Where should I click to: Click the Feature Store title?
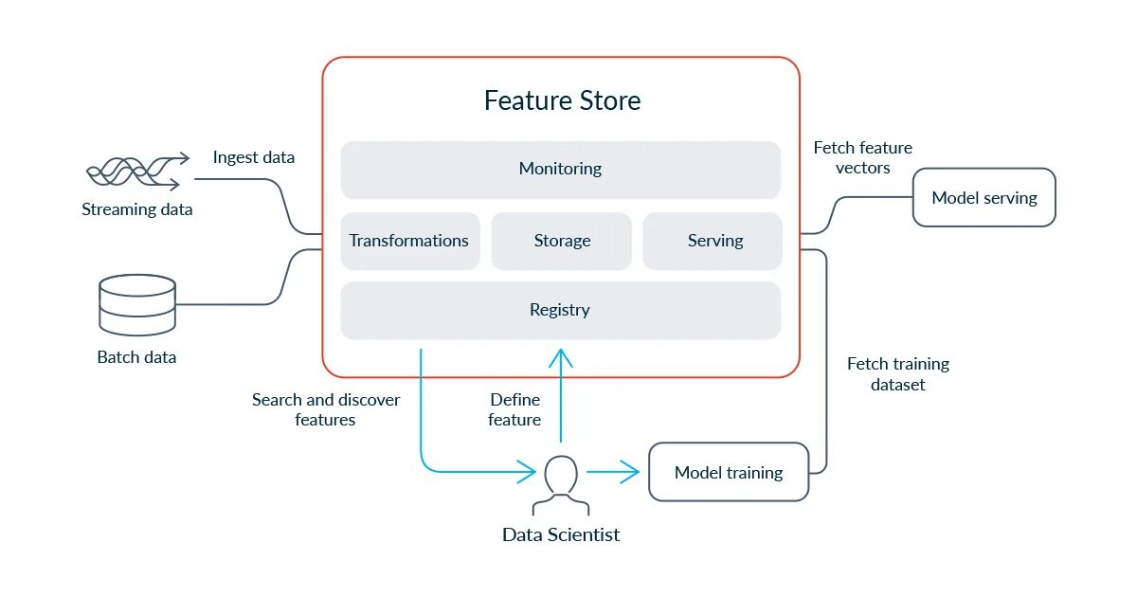(x=562, y=100)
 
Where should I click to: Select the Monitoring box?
(x=560, y=170)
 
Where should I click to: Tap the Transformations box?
(x=410, y=241)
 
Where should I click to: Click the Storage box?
(x=561, y=241)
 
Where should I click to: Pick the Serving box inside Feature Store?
(x=713, y=241)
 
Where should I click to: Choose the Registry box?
(x=560, y=311)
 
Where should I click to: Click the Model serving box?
(x=984, y=197)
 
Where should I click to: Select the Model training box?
(x=729, y=472)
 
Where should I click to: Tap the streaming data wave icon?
(x=138, y=172)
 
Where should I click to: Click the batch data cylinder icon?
(x=137, y=305)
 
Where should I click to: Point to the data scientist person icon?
(x=561, y=485)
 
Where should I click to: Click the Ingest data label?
(x=254, y=157)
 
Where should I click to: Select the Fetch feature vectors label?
(x=863, y=157)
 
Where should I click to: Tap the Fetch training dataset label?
(x=898, y=374)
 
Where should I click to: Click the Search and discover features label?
(x=326, y=409)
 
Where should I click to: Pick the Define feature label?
(x=514, y=409)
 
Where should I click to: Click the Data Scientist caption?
(x=561, y=534)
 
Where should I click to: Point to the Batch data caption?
(x=136, y=357)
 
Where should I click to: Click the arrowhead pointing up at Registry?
(x=561, y=357)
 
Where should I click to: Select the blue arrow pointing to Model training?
(x=613, y=472)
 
